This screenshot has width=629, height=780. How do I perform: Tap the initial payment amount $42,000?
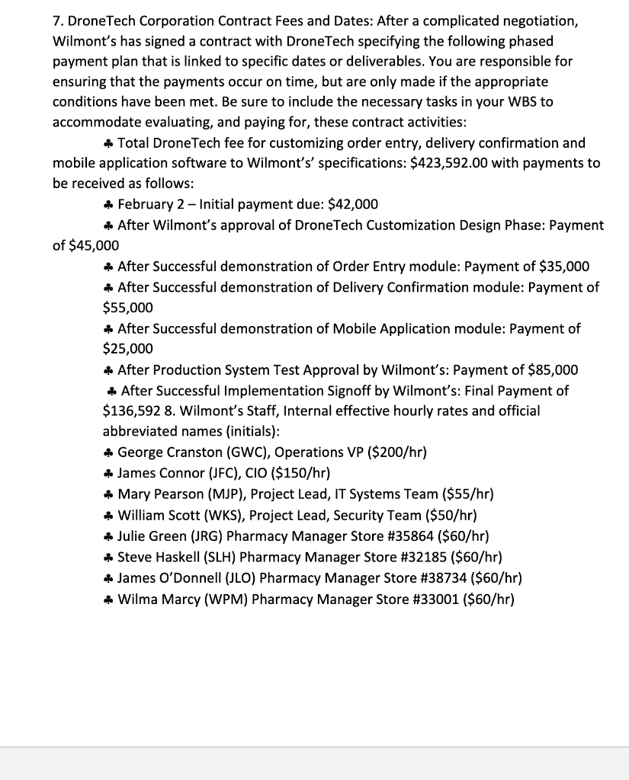(353, 204)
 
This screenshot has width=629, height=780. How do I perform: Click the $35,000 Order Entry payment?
(563, 267)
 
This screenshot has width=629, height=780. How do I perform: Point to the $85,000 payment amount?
(553, 370)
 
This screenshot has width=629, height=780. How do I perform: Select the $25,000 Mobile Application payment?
(128, 349)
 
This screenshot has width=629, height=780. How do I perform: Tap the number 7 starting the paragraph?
(57, 21)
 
